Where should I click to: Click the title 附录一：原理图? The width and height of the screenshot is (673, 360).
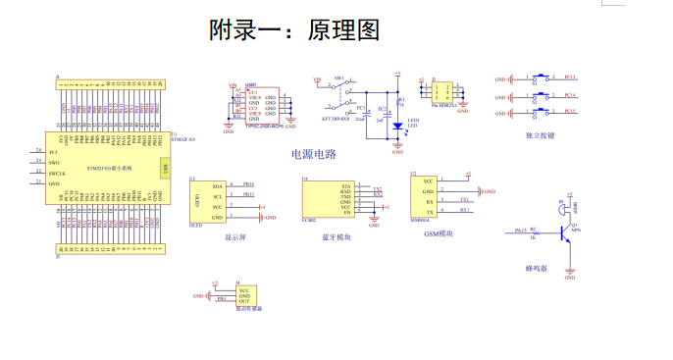pos(294,30)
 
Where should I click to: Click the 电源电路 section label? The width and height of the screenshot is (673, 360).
pos(314,154)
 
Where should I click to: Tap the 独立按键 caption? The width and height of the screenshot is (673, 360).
pos(540,135)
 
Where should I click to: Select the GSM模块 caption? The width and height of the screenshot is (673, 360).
pos(440,233)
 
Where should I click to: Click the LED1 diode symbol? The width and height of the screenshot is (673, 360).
pos(397,125)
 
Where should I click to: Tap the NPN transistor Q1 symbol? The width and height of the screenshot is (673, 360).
pos(566,232)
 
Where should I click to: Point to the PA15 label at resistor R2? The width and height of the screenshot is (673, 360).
pos(521,231)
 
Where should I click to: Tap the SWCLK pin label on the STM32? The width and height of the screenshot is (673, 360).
pos(58,174)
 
